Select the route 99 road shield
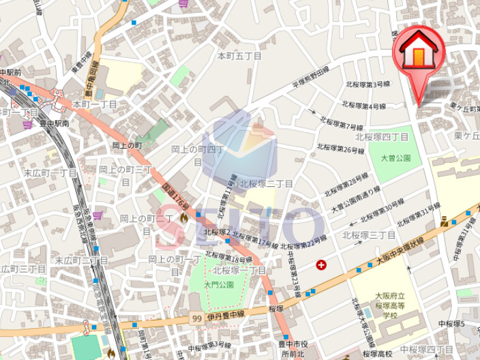(197, 318)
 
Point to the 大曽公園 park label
(395, 158)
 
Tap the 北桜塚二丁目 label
(265, 184)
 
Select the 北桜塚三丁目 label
(368, 235)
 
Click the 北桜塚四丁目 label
(386, 136)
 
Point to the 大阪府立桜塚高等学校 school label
(389, 305)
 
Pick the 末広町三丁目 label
(23, 269)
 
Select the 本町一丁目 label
(95, 104)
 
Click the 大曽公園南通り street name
(356, 199)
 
